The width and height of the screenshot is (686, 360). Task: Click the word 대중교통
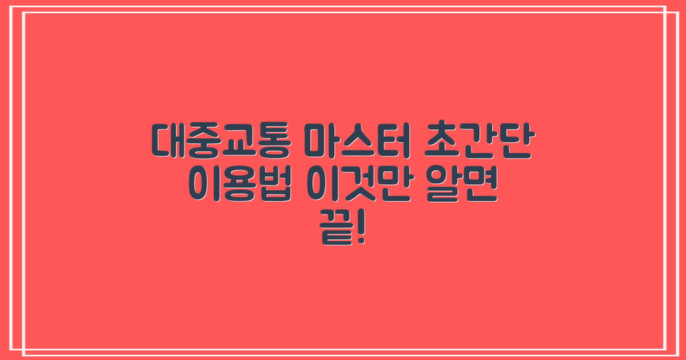220,141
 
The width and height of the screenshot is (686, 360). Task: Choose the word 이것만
357,187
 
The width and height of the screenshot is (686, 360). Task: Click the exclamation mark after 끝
360,231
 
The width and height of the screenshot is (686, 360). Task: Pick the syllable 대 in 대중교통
168,141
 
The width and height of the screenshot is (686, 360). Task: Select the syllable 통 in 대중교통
271,141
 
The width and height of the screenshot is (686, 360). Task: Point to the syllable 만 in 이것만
391,187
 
